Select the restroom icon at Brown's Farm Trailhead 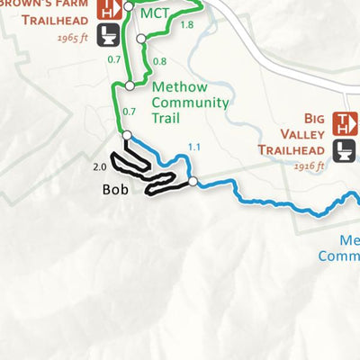coord(109,35)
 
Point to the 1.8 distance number coord(186,25)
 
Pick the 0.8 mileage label coord(159,61)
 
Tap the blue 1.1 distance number coord(195,148)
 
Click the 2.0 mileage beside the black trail coord(99,166)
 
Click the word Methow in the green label coord(180,87)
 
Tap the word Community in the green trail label coord(190,103)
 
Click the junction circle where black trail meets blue coord(192,182)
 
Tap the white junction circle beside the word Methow coord(130,85)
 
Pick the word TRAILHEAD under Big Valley coord(290,150)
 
